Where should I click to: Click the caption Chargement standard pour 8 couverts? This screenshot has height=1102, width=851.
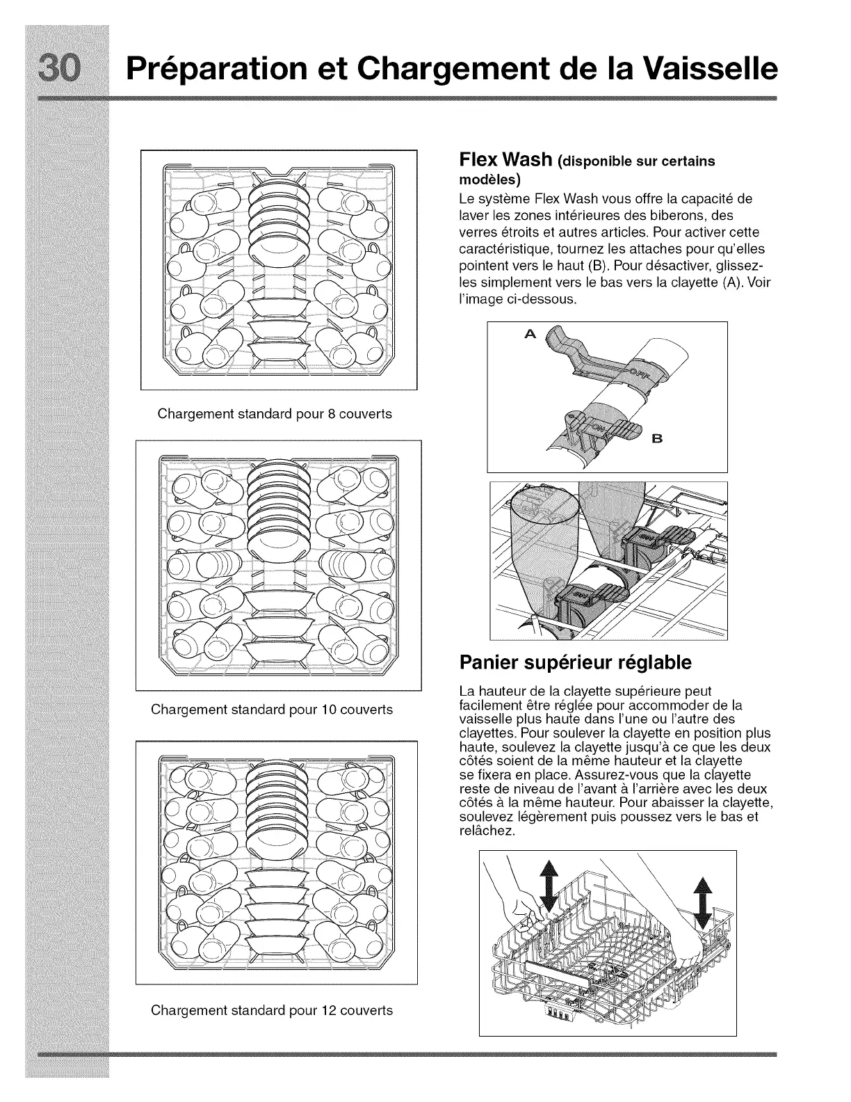coord(275,414)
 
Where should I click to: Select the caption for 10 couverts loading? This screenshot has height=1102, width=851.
coord(271,710)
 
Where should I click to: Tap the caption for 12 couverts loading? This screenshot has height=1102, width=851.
coord(271,1009)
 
